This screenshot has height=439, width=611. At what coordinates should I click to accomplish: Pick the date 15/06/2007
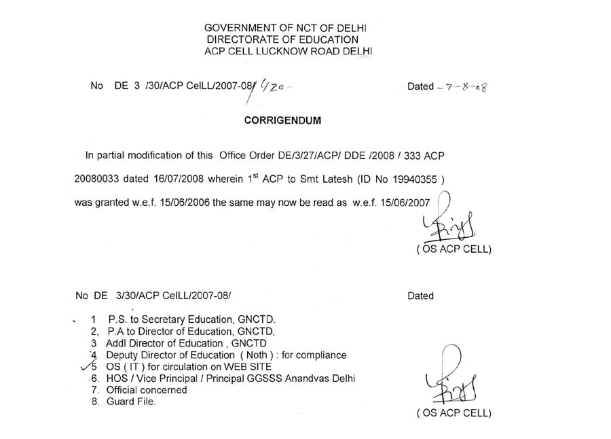[405, 204]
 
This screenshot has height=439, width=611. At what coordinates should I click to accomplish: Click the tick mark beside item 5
[86, 366]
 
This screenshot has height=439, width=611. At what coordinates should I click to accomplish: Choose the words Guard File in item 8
[132, 402]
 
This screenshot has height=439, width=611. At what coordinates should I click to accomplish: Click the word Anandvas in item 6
[304, 379]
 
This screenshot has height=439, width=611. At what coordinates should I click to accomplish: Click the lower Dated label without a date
[420, 296]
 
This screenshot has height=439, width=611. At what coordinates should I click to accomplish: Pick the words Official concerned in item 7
[147, 390]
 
